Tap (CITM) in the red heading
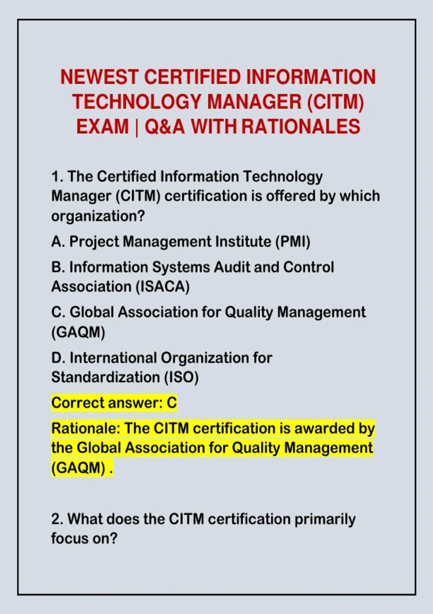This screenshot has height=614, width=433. (336, 102)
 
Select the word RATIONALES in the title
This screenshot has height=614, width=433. (301, 126)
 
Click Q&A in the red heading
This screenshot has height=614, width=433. (165, 126)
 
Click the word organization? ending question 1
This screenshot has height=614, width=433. (98, 217)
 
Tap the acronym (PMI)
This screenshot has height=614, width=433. (293, 242)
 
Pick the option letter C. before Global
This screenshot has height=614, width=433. (58, 312)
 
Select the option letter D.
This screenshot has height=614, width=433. (58, 358)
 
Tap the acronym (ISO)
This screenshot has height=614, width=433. (181, 377)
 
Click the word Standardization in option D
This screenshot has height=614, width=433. (105, 377)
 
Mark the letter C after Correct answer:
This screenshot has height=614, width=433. (171, 403)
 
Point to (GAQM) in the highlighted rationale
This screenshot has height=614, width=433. (78, 467)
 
